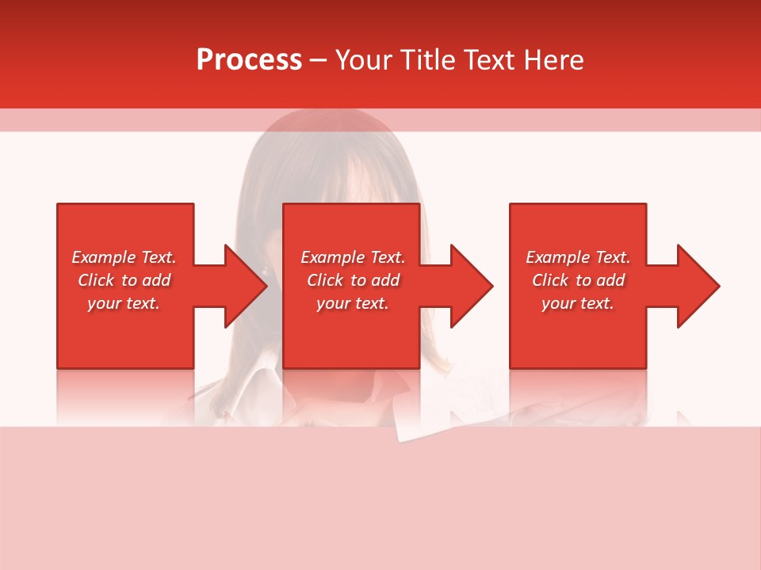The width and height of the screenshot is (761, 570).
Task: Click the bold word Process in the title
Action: [x=249, y=60]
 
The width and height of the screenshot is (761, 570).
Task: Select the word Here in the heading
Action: [x=554, y=60]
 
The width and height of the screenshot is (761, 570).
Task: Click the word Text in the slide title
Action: [x=491, y=60]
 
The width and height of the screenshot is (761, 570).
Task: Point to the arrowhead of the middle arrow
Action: [x=471, y=286]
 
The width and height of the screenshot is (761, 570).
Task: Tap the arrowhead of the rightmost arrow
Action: [x=697, y=286]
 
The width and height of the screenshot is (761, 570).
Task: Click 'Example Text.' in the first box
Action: [x=124, y=257]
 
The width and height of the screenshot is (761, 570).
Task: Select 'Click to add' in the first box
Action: [x=124, y=280]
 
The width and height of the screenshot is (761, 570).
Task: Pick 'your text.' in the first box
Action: [x=124, y=303]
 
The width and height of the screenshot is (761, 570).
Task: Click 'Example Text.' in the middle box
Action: [x=352, y=257]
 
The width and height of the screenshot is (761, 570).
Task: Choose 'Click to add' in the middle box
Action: [x=352, y=280]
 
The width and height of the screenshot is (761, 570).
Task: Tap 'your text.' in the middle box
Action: [x=352, y=303]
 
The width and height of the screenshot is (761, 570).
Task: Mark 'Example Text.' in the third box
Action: [x=578, y=257]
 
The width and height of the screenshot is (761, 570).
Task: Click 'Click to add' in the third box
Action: [x=578, y=280]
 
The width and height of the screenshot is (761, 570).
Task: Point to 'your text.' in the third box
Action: [x=578, y=303]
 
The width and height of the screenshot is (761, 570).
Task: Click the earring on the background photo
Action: [x=265, y=272]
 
